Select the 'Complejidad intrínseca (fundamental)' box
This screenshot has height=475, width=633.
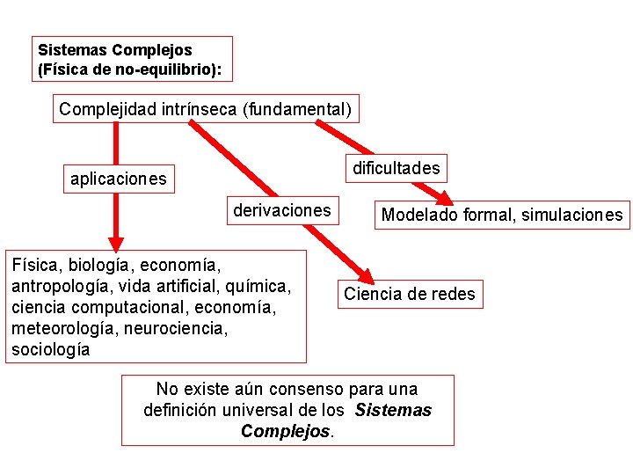point(206,109)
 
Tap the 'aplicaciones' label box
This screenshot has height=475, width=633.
point(118,179)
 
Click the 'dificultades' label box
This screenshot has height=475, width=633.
point(396,168)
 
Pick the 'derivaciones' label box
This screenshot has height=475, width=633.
point(281,210)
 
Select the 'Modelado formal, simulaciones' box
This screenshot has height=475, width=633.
point(502,215)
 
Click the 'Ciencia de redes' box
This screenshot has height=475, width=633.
point(410,294)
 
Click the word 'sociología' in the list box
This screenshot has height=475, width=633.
point(50,349)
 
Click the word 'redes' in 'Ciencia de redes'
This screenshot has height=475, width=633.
point(454,294)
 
